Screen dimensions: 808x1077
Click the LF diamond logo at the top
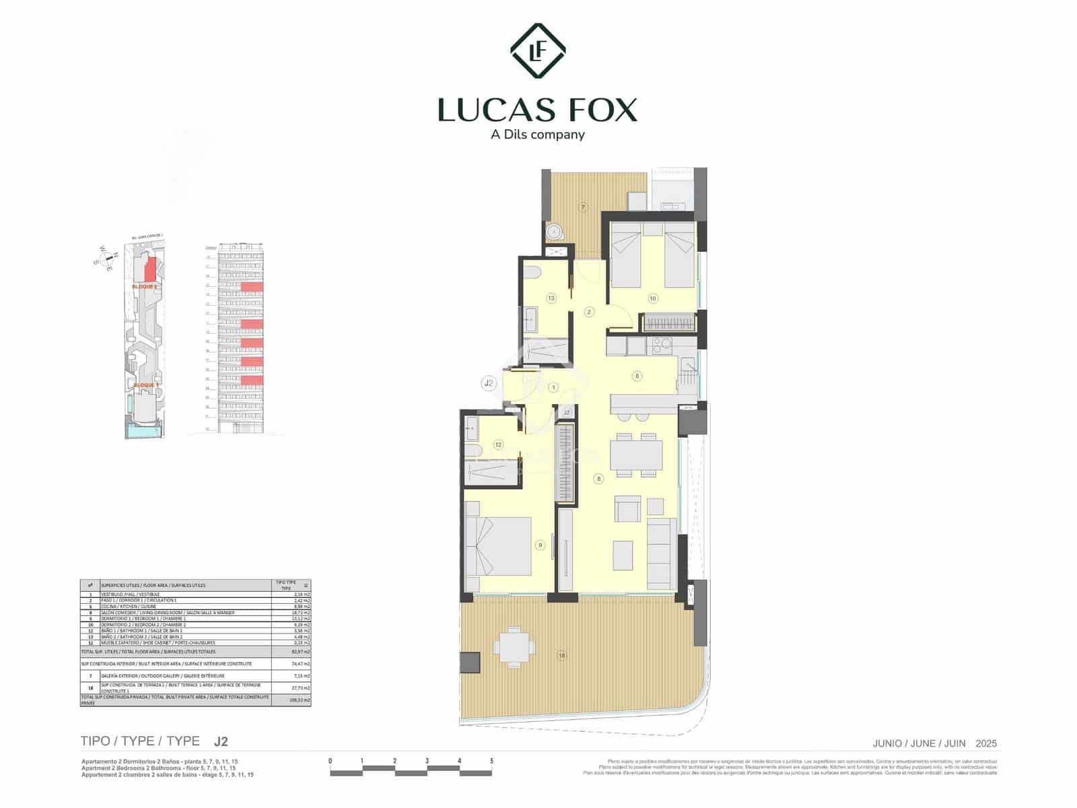pyautogui.click(x=538, y=51)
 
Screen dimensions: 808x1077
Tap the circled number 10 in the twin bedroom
pyautogui.click(x=652, y=298)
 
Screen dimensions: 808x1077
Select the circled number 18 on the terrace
pyautogui.click(x=562, y=655)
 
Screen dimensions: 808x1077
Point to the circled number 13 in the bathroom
pyautogui.click(x=551, y=298)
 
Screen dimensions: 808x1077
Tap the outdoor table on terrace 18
pyautogui.click(x=514, y=646)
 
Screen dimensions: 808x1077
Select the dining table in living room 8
pyautogui.click(x=636, y=454)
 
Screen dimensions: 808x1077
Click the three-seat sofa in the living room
pyautogui.click(x=661, y=553)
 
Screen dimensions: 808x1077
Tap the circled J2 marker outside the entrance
pyautogui.click(x=489, y=384)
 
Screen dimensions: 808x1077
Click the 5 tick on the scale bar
pyautogui.click(x=491, y=762)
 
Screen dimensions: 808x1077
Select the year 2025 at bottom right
pyautogui.click(x=986, y=743)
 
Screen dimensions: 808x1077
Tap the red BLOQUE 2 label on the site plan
pyautogui.click(x=145, y=286)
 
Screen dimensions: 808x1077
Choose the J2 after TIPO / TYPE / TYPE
pyautogui.click(x=221, y=741)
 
